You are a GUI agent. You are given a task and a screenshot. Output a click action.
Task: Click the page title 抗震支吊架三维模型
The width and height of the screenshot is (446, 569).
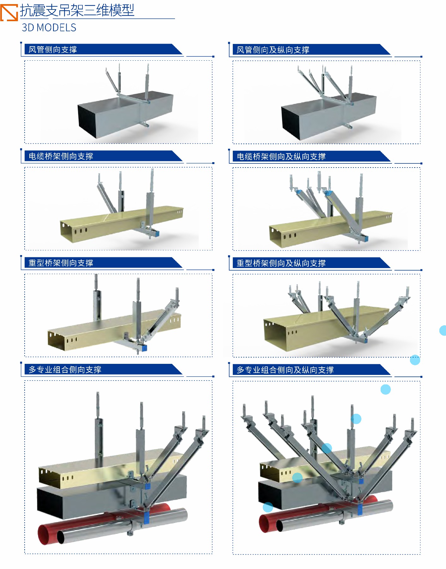coord(77,10)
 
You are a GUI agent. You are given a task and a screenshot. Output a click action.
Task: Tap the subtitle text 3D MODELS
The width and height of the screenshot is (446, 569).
coord(49,28)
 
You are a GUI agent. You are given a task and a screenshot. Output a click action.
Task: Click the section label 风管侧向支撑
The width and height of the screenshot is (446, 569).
coord(53,50)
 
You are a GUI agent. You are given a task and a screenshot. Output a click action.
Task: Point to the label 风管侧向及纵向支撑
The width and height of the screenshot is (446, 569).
coord(273,50)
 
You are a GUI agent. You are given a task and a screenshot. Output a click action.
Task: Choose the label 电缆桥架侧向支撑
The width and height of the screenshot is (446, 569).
coord(61,156)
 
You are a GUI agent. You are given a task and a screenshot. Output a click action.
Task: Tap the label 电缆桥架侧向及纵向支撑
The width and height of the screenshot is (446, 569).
coord(281,156)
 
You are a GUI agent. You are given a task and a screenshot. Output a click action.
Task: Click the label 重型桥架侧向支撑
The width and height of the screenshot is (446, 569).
coord(61,263)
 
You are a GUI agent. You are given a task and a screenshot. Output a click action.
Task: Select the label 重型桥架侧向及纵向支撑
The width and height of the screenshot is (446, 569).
coord(281,263)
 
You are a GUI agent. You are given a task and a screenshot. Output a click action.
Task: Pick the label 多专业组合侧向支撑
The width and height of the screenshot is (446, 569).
coord(65,370)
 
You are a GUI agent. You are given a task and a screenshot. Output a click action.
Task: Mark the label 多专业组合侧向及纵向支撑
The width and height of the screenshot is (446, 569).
coord(285,370)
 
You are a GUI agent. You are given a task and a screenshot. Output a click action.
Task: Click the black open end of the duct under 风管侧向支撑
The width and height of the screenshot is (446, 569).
coord(87,121)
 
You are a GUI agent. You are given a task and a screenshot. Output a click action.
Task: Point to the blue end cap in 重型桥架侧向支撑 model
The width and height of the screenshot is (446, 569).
coord(144,348)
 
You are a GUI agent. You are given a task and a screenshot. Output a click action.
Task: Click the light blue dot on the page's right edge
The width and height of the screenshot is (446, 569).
coord(443,330)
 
